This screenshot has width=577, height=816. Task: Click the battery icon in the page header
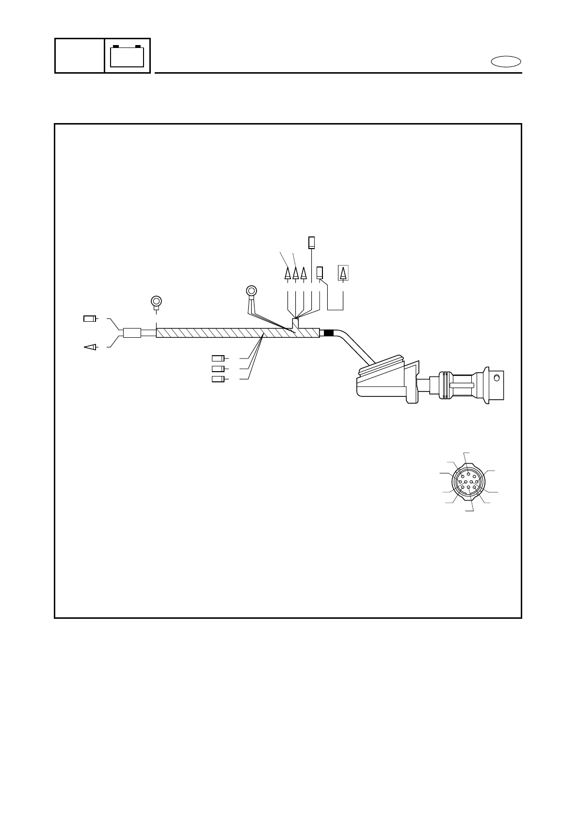127,56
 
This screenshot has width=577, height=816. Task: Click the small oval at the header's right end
506,62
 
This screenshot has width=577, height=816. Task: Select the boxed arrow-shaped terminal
343,273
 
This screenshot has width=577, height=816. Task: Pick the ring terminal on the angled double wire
252,291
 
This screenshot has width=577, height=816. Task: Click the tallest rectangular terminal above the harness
312,242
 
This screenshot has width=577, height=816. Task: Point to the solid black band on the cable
328,333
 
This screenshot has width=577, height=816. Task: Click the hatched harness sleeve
238,333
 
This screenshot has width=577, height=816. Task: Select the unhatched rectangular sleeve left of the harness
132,333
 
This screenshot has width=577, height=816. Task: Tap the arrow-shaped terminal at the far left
91,346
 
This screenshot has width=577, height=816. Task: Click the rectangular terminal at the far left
90,319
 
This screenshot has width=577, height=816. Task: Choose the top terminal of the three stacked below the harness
218,359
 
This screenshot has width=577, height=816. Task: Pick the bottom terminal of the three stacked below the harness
218,379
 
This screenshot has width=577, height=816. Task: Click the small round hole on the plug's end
496,378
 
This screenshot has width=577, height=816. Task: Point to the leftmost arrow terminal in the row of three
288,274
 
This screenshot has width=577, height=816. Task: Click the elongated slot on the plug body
461,385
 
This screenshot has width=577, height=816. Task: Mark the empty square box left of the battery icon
80,56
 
